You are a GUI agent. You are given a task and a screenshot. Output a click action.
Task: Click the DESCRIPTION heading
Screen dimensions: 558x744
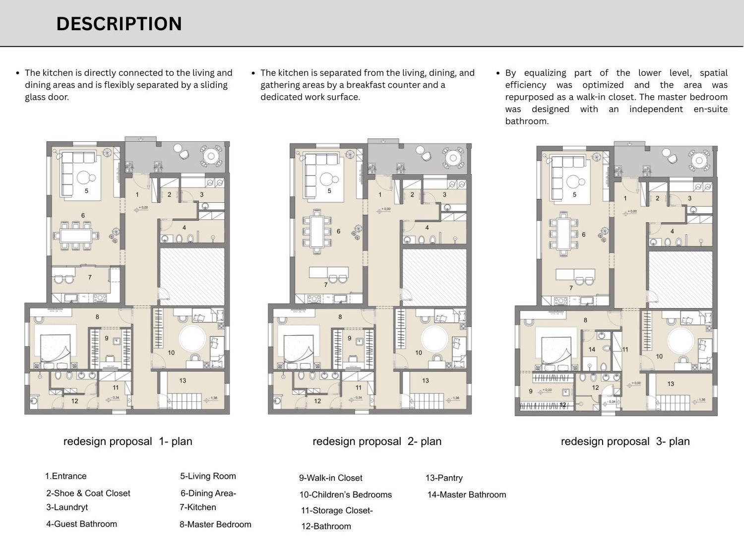pyautogui.click(x=119, y=24)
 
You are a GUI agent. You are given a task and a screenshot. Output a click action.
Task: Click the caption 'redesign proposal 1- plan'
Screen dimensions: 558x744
pyautogui.click(x=127, y=441)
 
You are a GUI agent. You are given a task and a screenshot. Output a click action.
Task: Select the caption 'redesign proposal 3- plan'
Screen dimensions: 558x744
pyautogui.click(x=625, y=441)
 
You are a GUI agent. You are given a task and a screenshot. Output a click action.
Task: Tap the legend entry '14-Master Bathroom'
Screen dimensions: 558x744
pyautogui.click(x=467, y=495)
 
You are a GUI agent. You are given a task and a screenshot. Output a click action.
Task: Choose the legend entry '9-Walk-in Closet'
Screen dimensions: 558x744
pyautogui.click(x=330, y=478)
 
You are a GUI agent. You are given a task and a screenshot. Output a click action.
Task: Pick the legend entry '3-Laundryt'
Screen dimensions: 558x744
pyautogui.click(x=67, y=507)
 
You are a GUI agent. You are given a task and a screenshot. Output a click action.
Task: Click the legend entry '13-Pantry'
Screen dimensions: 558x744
pyautogui.click(x=444, y=478)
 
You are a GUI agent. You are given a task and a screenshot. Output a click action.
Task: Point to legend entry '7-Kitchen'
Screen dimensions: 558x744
pyautogui.click(x=198, y=507)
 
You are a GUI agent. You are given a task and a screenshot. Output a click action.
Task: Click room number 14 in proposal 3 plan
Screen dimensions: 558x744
pyautogui.click(x=592, y=349)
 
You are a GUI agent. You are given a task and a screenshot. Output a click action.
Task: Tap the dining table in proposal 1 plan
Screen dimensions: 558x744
pyautogui.click(x=76, y=235)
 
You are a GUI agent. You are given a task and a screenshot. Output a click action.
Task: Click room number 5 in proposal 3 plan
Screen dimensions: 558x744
pyautogui.click(x=574, y=194)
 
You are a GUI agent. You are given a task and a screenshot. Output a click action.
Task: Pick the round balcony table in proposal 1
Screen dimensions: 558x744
pyautogui.click(x=212, y=156)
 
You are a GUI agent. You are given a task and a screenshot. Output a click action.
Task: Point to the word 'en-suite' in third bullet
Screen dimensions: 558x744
pyautogui.click(x=710, y=109)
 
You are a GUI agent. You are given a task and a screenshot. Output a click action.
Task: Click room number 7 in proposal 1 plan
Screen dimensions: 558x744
pyautogui.click(x=90, y=277)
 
